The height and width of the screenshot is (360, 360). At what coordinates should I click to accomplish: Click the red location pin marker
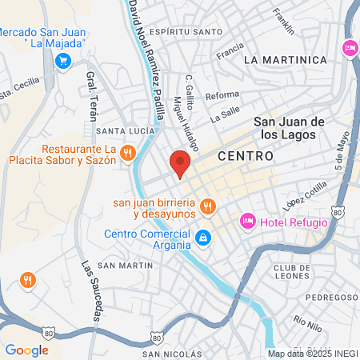click(181, 164)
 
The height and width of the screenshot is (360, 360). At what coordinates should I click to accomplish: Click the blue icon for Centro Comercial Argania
click(204, 237)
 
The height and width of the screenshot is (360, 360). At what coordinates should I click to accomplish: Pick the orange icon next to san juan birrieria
click(207, 206)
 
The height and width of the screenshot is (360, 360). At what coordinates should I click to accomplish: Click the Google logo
click(26, 350)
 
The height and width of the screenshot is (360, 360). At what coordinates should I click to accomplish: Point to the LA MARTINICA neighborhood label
click(286, 60)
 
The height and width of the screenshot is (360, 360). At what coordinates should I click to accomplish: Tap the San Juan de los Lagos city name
click(289, 127)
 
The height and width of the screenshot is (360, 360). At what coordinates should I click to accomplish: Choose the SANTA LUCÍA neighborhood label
click(120, 130)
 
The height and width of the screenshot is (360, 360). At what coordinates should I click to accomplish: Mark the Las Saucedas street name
click(90, 291)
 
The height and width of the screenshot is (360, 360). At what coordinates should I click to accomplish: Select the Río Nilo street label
click(306, 324)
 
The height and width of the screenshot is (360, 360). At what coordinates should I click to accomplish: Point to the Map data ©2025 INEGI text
click(310, 353)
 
